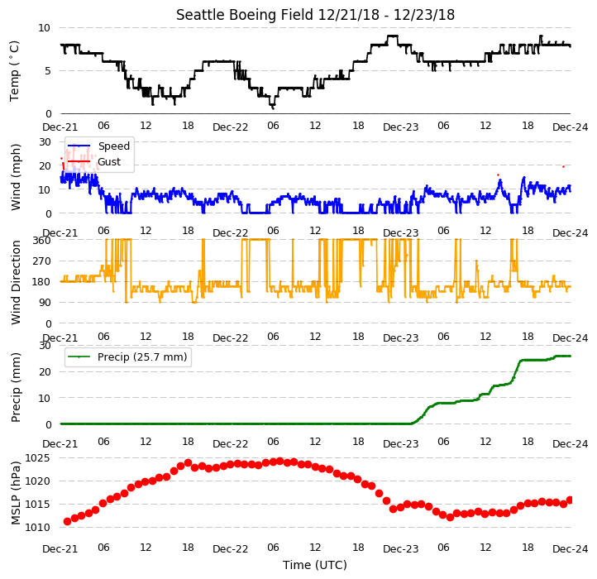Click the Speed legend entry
pyautogui.click(x=98, y=146)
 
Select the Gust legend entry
pyautogui.click(x=94, y=162)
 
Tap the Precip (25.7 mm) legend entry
pyautogui.click(x=127, y=357)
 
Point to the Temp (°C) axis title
pyautogui.click(x=14, y=71)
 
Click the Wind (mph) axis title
pyautogui.click(x=15, y=178)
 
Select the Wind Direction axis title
pyautogui.click(x=15, y=282)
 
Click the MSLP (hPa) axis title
pyautogui.click(x=15, y=493)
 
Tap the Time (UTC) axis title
pyautogui.click(x=315, y=565)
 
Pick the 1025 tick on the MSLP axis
pyautogui.click(x=37, y=458)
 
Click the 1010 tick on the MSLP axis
pyautogui.click(x=37, y=528)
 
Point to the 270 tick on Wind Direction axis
pyautogui.click(x=41, y=261)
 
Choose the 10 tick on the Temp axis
pyautogui.click(x=44, y=28)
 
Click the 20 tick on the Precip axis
pyautogui.click(x=45, y=371)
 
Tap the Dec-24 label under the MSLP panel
pyautogui.click(x=570, y=549)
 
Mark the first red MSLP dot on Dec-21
pyautogui.click(x=68, y=521)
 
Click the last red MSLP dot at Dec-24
pyautogui.click(x=570, y=500)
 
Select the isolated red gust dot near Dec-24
pyautogui.click(x=563, y=167)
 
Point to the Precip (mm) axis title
pyautogui.click(x=15, y=388)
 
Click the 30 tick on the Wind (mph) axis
pyautogui.click(x=45, y=142)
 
